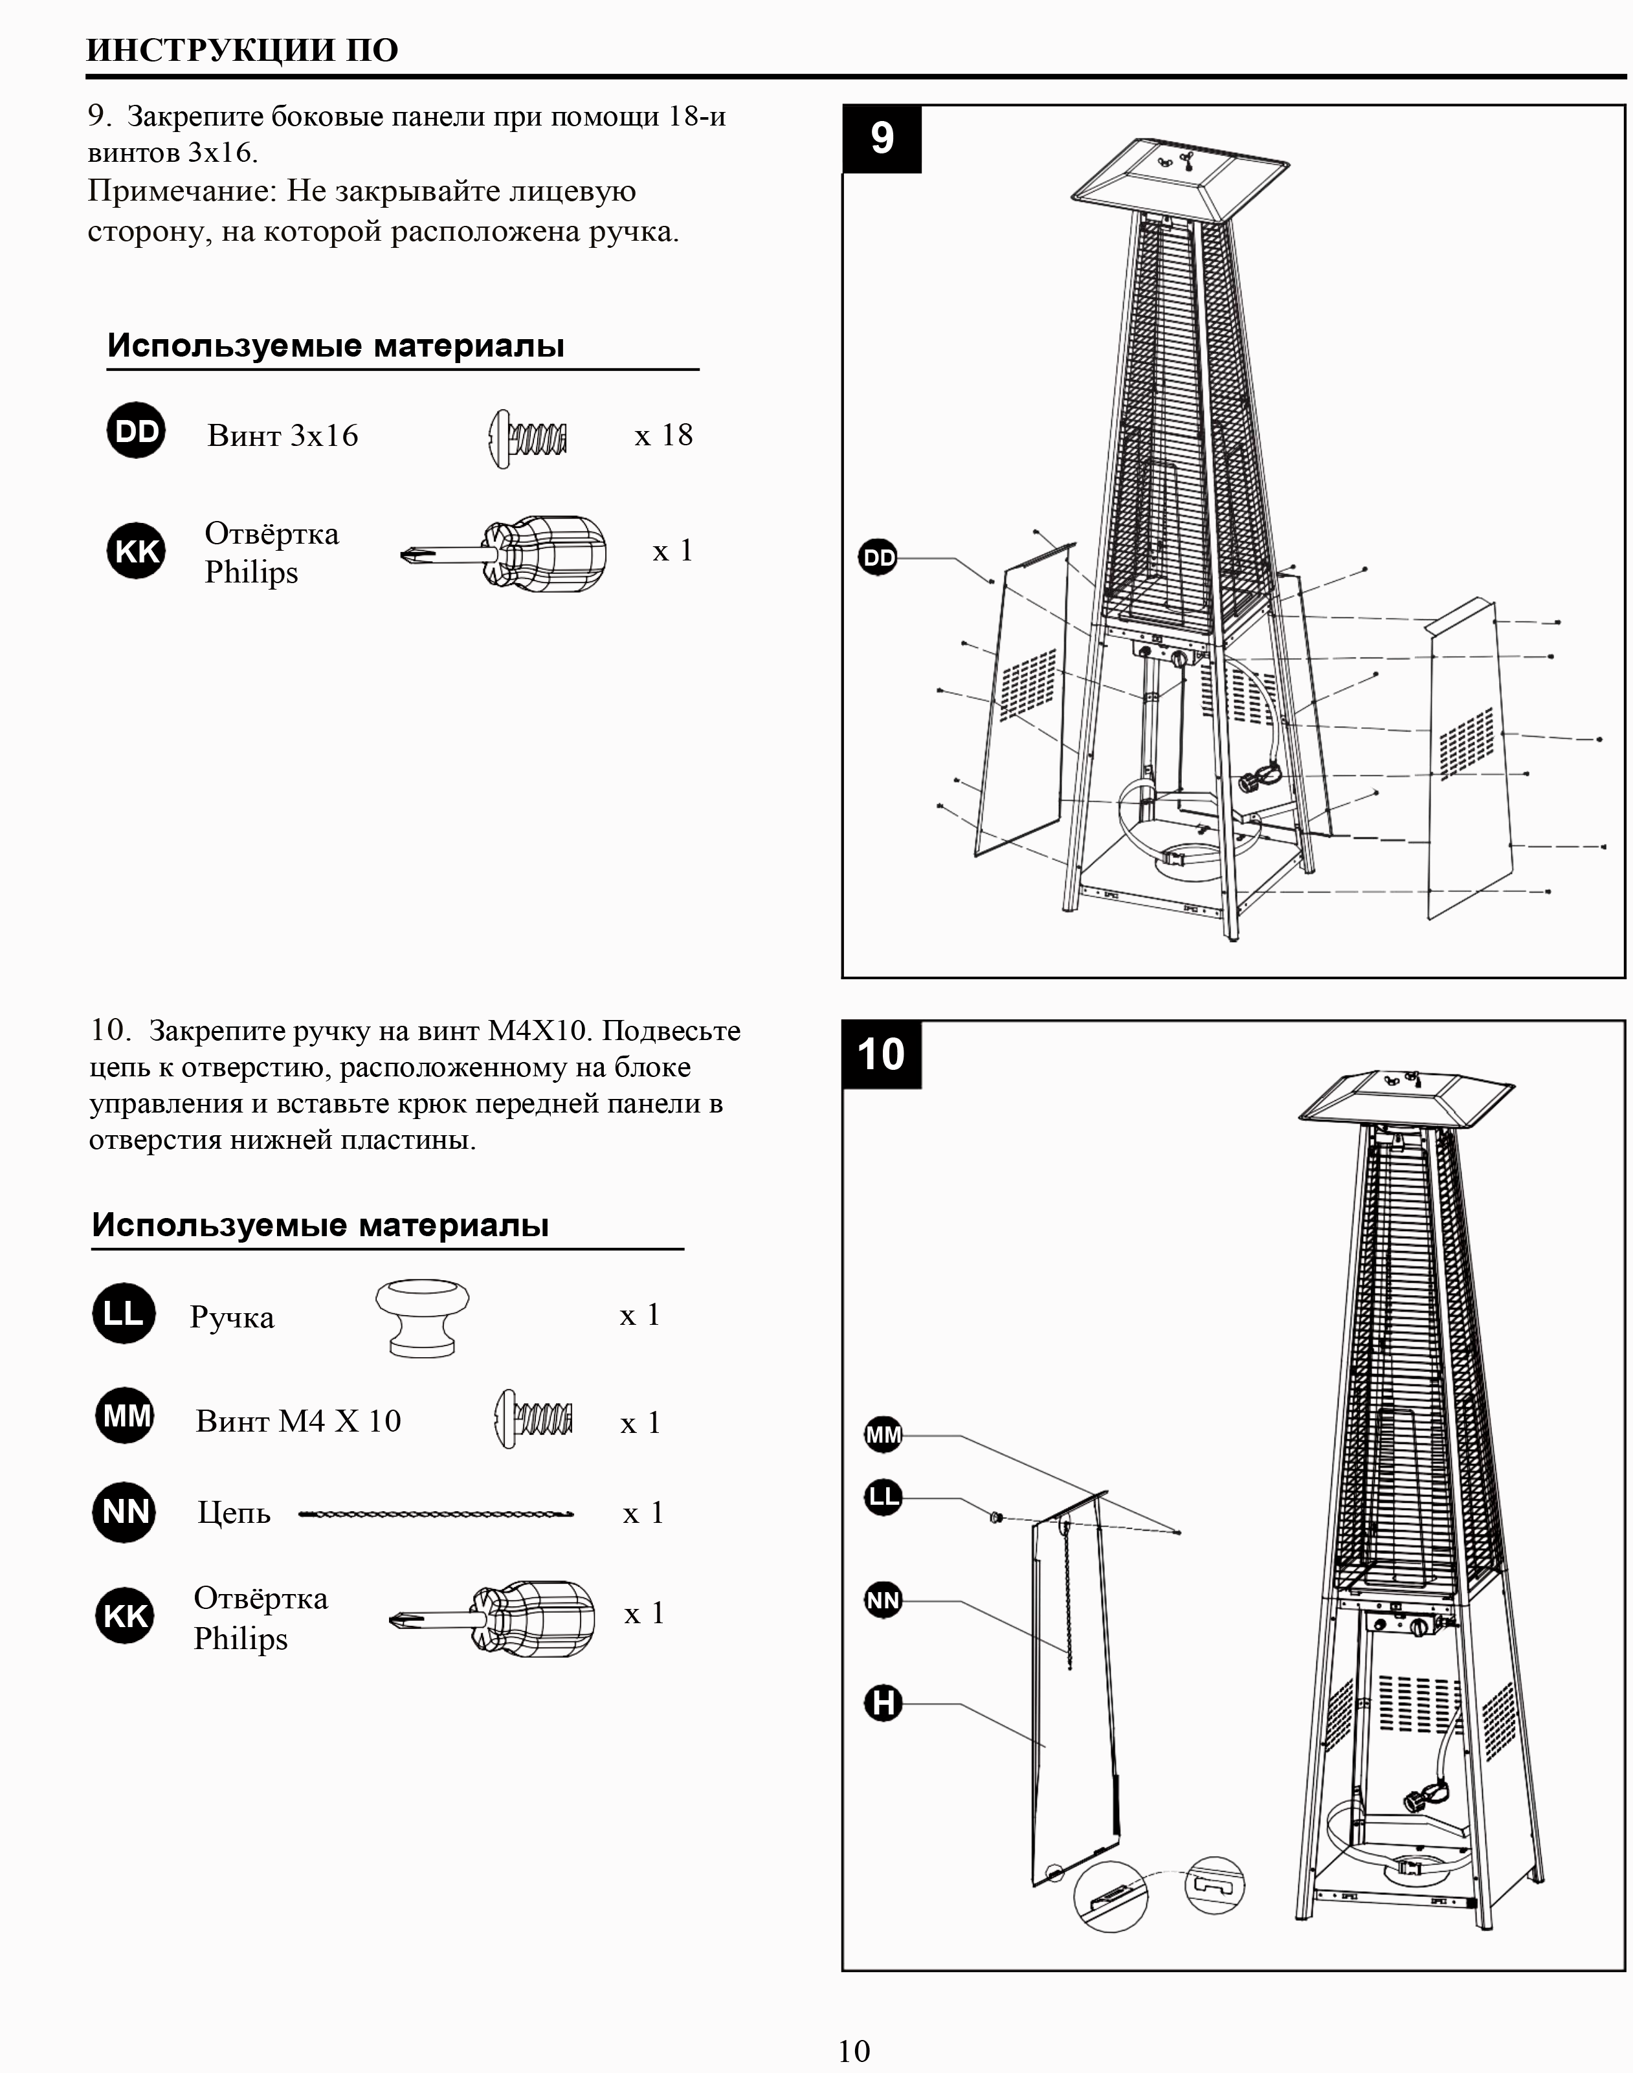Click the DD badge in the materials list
click(136, 430)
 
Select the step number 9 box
click(882, 139)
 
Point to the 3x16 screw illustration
click(527, 439)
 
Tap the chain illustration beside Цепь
click(436, 1514)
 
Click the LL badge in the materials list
click(124, 1314)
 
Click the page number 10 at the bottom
click(854, 2049)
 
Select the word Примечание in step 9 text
click(182, 191)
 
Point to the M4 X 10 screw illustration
click(533, 1418)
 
